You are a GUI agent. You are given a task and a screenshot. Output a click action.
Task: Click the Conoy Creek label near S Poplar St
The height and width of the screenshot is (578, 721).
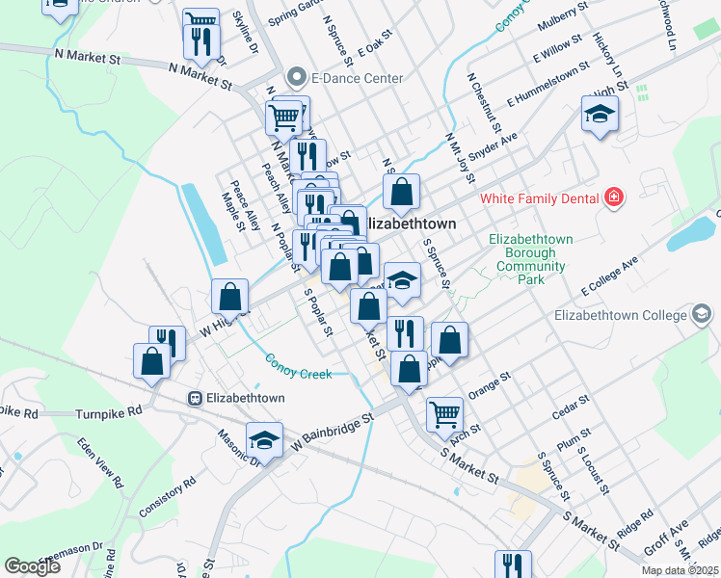click(299, 364)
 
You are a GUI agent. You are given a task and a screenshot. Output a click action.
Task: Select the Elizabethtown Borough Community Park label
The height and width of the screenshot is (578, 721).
click(531, 259)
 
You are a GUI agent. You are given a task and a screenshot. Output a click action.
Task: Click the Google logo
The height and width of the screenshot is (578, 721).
click(32, 566)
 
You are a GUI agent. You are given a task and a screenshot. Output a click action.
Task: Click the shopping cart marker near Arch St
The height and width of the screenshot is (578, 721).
click(444, 412)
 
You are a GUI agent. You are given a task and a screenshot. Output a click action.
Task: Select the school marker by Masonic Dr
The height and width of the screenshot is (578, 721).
click(264, 438)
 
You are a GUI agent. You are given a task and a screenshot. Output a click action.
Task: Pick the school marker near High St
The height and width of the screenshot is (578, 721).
click(600, 116)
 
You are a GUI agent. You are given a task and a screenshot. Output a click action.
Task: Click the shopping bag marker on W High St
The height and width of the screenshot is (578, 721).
click(230, 296)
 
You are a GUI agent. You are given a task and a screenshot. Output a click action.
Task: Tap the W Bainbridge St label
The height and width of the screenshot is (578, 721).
click(336, 430)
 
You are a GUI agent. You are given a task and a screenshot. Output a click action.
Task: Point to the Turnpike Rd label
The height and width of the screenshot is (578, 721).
click(108, 411)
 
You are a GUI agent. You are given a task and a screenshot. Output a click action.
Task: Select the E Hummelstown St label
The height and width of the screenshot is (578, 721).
click(546, 83)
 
